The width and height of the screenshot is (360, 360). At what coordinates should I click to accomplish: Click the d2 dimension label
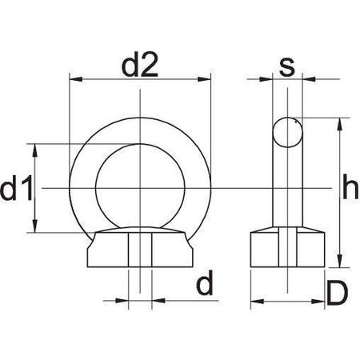click(x=140, y=65)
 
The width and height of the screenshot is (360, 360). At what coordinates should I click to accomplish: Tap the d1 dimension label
click(x=17, y=188)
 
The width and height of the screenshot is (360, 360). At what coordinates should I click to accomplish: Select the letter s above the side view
click(x=287, y=67)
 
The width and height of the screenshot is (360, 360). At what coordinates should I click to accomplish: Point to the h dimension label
click(x=350, y=186)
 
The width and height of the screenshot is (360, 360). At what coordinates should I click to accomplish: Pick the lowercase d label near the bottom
click(x=205, y=282)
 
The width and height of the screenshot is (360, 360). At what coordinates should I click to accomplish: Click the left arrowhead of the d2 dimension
click(x=76, y=79)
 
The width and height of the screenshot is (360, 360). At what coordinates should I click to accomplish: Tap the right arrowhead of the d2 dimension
click(x=204, y=79)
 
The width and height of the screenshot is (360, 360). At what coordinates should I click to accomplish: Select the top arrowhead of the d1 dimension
click(x=34, y=150)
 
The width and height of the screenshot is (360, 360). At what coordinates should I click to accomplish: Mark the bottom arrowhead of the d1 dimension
click(x=34, y=226)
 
